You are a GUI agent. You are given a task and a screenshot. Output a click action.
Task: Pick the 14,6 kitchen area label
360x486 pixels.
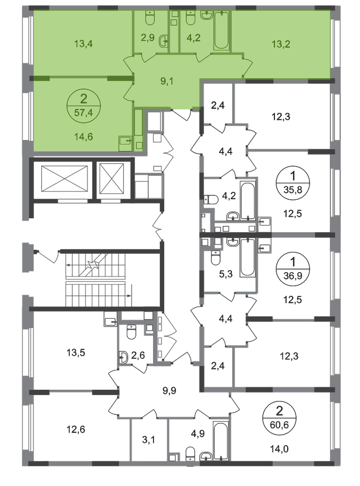tap(83, 137)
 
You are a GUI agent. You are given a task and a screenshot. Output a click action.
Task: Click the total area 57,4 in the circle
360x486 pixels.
tap(83, 113)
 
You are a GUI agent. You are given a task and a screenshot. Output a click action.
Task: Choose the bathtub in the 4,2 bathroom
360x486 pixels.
tap(221, 30)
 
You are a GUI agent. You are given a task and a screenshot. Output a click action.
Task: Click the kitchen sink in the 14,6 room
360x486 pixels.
tap(125, 141)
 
